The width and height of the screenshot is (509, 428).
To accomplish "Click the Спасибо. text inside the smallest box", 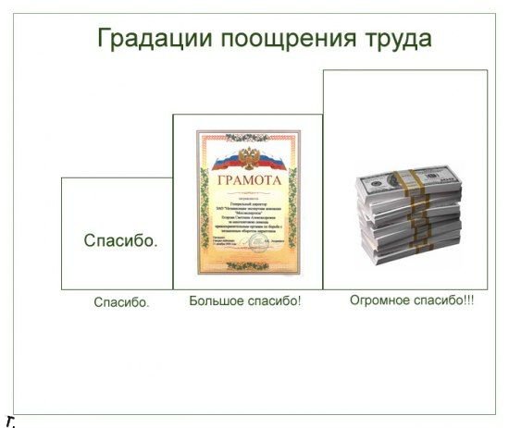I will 120,241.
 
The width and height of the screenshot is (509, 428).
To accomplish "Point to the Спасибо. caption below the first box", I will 121,302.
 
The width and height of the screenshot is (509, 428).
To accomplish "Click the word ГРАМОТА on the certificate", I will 247,179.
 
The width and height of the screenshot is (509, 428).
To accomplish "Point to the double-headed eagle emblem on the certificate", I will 247,153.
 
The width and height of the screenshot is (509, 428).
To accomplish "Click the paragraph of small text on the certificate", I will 247,218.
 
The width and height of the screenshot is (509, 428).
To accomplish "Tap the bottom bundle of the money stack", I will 412,250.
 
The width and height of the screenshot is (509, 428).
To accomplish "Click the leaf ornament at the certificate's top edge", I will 247,134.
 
